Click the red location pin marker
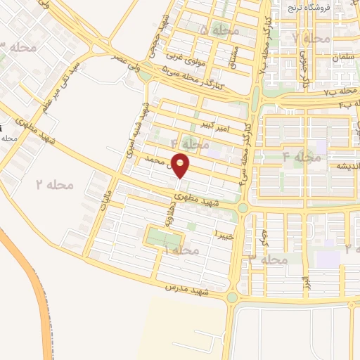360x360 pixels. pos(181,165)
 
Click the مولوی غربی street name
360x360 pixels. pos(185,55)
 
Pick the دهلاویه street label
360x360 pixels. pos(169,214)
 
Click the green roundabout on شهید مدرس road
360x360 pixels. pos(231,298)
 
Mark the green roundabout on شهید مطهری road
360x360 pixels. pos(243,208)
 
